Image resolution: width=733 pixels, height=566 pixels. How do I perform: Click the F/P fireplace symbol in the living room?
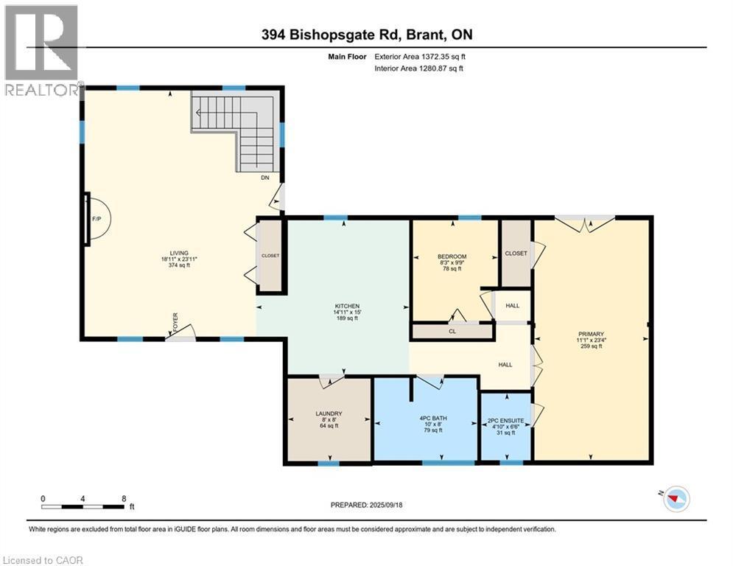click(x=97, y=218)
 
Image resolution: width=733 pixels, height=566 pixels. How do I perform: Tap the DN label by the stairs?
click(x=265, y=178)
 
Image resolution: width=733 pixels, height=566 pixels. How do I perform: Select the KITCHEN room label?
click(x=347, y=306)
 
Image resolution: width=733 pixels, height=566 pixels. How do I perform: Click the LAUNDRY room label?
click(x=329, y=413)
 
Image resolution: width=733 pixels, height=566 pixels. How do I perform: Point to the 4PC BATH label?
click(x=433, y=418)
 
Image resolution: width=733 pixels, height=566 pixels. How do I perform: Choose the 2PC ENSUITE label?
click(x=506, y=421)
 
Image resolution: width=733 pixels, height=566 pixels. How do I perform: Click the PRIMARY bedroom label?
click(x=591, y=334)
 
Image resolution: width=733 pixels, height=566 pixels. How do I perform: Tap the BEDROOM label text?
click(x=452, y=256)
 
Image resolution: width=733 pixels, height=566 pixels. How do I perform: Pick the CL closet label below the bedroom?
click(x=452, y=331)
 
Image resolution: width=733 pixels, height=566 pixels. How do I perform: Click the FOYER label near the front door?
click(x=175, y=322)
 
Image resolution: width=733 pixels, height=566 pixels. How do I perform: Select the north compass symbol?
click(x=674, y=498)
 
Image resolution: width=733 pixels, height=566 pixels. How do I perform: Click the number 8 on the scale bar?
click(x=124, y=499)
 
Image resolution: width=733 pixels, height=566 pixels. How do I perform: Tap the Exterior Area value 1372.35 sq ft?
click(x=443, y=57)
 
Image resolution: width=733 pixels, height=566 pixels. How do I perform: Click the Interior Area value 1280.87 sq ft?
click(x=442, y=69)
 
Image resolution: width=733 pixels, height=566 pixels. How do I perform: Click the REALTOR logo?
click(x=42, y=51)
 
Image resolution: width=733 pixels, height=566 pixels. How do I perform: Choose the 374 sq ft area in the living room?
click(x=179, y=265)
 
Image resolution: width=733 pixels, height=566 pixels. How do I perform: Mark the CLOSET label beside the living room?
click(x=270, y=256)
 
